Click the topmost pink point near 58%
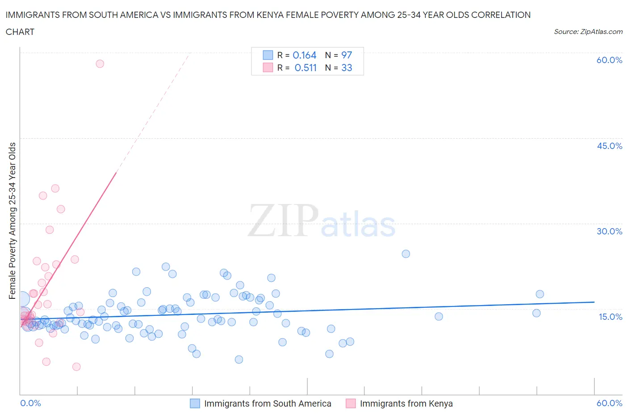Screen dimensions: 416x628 click(x=100, y=64)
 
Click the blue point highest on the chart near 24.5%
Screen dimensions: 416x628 click(x=406, y=254)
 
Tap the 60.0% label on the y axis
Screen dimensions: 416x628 click(x=609, y=60)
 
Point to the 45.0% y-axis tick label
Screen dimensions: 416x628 click(x=609, y=146)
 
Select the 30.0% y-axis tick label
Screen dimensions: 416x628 click(x=609, y=231)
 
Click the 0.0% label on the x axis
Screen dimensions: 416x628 click(x=30, y=403)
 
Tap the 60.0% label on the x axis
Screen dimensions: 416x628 click(x=609, y=403)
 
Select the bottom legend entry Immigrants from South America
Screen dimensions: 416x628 click(x=268, y=403)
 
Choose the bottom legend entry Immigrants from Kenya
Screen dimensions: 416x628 click(x=406, y=403)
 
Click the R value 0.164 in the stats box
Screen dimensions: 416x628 click(x=305, y=55)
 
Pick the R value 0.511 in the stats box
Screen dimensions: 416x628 click(x=306, y=68)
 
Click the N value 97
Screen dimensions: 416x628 click(x=347, y=55)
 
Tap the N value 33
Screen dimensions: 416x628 click(x=347, y=68)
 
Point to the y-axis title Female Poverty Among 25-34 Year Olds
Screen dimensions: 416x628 click(x=13, y=221)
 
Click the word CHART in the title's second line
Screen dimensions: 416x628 click(x=20, y=32)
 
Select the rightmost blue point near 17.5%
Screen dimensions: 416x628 click(x=540, y=294)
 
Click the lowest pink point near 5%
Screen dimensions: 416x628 click(x=76, y=367)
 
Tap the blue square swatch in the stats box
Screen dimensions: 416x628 click(x=268, y=55)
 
